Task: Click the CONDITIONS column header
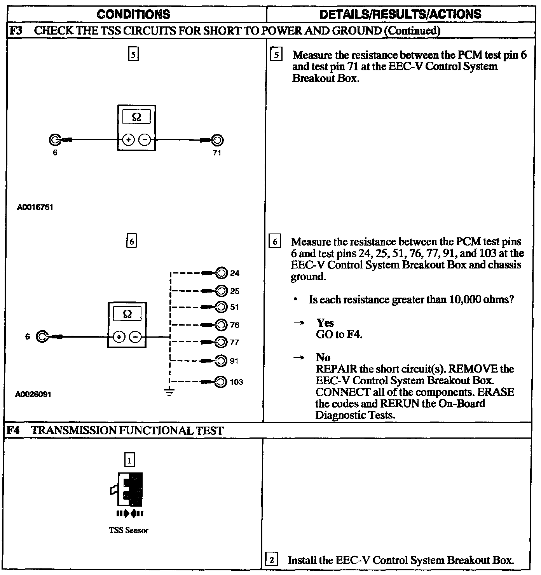click(133, 14)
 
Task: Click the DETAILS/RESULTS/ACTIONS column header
click(400, 14)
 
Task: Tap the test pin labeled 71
click(218, 140)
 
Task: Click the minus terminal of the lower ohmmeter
click(135, 337)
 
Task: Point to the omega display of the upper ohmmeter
click(136, 117)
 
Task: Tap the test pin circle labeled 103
click(221, 382)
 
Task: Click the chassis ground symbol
click(169, 392)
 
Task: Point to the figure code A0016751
click(35, 207)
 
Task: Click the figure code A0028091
click(33, 394)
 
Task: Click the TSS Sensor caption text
click(129, 530)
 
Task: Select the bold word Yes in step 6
click(325, 323)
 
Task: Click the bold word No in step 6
click(323, 357)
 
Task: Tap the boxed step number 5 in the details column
click(276, 55)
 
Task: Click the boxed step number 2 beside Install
click(271, 560)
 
